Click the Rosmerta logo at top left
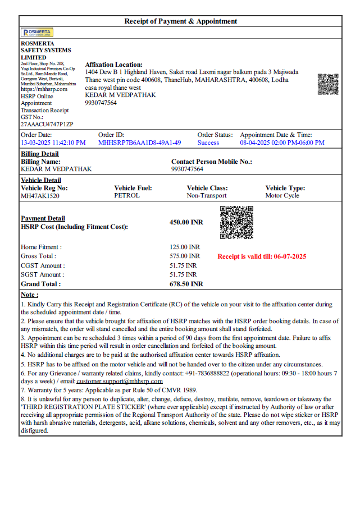[x=37, y=33]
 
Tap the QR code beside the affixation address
[x=328, y=84]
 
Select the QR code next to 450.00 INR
[x=236, y=223]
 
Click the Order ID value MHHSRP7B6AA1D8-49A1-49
[x=140, y=143]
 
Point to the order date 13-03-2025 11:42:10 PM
[x=53, y=143]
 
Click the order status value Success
[x=208, y=143]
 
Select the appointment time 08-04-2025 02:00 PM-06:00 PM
[x=282, y=143]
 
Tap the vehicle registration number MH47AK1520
[x=40, y=196]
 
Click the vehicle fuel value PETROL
[x=127, y=196]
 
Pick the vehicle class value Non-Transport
[x=207, y=196]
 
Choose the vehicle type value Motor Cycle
[x=282, y=196]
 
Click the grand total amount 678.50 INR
[x=186, y=284]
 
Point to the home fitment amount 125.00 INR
[x=185, y=247]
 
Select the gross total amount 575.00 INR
[x=185, y=256]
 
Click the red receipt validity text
[x=262, y=256]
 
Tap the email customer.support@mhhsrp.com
[x=120, y=381]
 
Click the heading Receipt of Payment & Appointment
[x=180, y=21]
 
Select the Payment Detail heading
[x=43, y=218]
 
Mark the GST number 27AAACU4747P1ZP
[x=47, y=124]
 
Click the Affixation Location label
[x=114, y=65]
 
